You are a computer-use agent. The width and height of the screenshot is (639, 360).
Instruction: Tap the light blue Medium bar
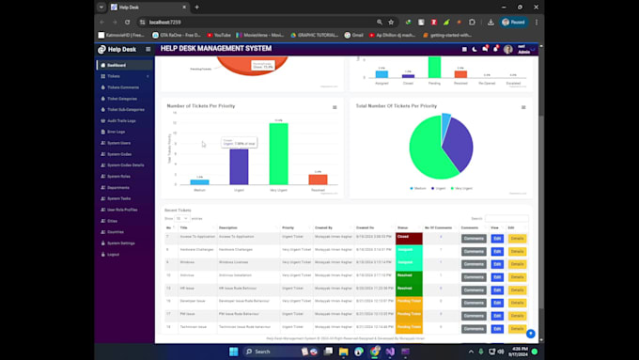(199, 181)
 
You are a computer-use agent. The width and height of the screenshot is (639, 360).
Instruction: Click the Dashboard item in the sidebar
(117, 65)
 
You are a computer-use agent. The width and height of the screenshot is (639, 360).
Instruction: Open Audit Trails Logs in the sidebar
(121, 120)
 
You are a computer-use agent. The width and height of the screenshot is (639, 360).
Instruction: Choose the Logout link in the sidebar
(113, 254)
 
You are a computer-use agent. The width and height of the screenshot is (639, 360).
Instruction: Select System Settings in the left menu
(120, 243)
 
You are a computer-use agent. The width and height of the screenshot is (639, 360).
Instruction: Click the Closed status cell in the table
(410, 238)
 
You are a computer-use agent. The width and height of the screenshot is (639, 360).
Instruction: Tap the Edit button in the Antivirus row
(497, 275)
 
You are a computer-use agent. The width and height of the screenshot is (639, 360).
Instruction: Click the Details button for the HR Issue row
(517, 289)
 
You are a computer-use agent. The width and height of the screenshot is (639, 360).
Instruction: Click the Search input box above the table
(507, 218)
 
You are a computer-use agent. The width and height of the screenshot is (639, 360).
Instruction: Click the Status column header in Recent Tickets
(402, 227)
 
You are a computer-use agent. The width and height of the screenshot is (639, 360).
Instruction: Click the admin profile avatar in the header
(508, 49)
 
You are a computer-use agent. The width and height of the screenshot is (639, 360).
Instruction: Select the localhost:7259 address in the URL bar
(165, 22)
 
